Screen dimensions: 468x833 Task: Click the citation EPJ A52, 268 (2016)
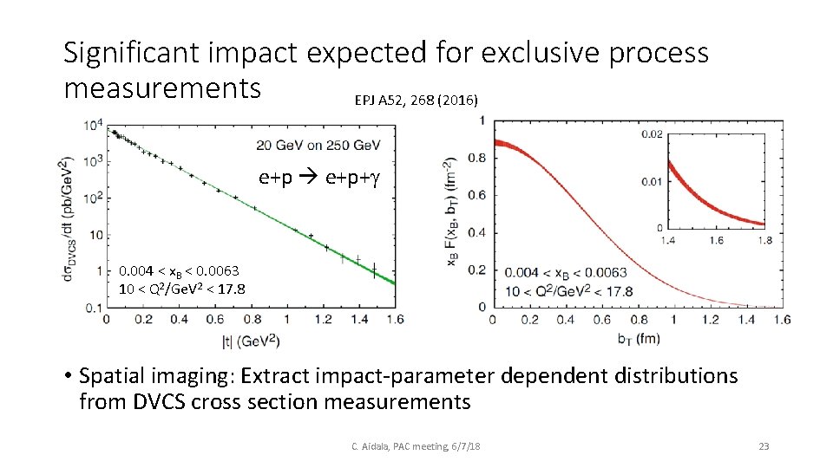click(x=416, y=101)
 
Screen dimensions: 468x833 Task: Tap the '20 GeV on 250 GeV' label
click(x=320, y=144)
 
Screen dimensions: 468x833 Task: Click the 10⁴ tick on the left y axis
click(x=93, y=125)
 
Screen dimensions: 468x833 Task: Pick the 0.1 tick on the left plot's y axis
click(x=93, y=308)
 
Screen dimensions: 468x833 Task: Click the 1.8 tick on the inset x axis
click(x=763, y=240)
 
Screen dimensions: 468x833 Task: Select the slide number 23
click(x=764, y=446)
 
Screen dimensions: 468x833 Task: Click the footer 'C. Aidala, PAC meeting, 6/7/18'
click(x=416, y=446)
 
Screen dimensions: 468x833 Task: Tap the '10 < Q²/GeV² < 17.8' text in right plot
click(x=569, y=290)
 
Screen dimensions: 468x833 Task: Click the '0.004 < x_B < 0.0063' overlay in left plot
click(x=180, y=271)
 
